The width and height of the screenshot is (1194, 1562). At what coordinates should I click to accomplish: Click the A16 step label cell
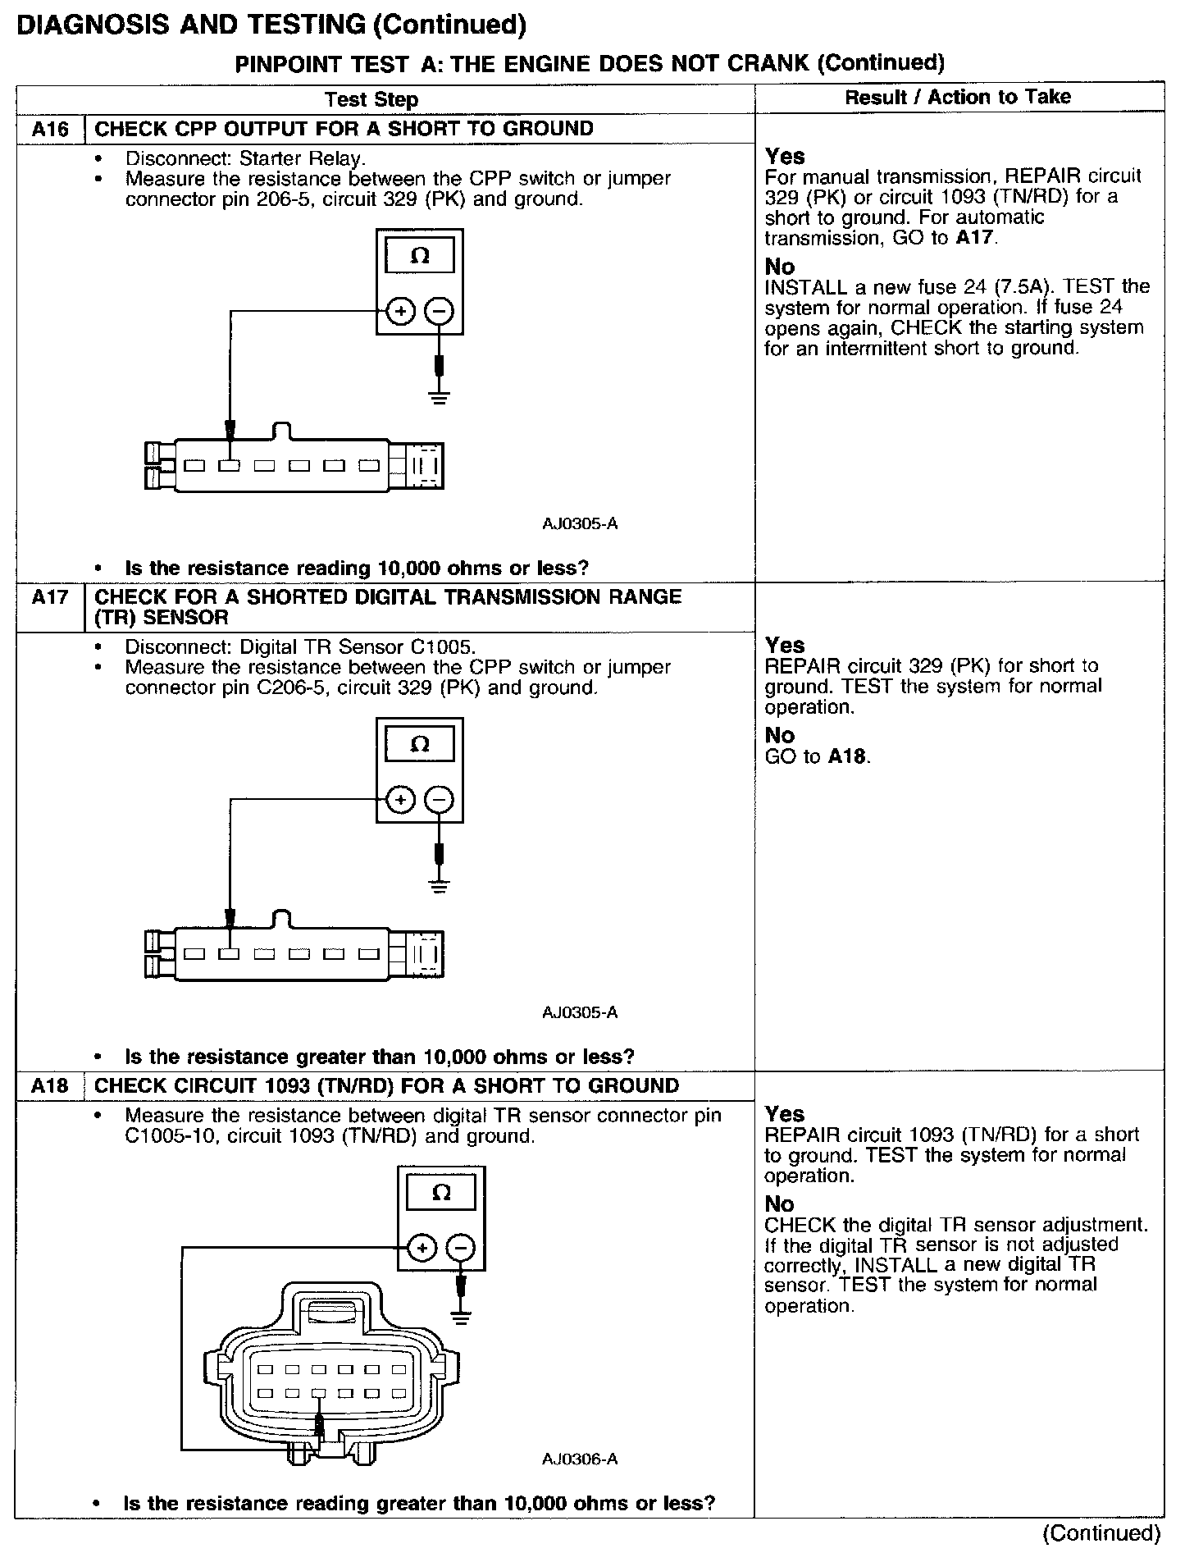(x=50, y=130)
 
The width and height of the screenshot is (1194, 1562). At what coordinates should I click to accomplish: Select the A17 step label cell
(x=50, y=597)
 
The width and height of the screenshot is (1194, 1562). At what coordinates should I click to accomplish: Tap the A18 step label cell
(x=50, y=1086)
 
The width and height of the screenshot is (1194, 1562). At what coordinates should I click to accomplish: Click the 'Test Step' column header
(x=371, y=100)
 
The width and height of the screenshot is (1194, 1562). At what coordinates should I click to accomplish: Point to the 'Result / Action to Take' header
(x=958, y=97)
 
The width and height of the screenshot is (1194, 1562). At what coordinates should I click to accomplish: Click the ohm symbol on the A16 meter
(x=419, y=256)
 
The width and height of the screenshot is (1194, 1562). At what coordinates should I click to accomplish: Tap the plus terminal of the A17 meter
(x=400, y=800)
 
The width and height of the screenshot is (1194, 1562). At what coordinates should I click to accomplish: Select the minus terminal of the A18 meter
(x=461, y=1248)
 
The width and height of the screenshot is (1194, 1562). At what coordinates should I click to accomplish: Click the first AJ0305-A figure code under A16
(x=580, y=523)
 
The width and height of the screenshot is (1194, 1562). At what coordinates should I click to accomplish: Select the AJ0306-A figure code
(x=580, y=1459)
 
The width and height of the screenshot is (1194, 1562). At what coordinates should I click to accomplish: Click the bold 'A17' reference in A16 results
(x=975, y=239)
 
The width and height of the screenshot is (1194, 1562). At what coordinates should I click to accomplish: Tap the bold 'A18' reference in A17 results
(x=847, y=756)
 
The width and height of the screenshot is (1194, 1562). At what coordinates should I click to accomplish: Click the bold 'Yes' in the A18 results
(x=785, y=1114)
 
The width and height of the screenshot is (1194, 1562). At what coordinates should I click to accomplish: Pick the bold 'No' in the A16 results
(x=779, y=267)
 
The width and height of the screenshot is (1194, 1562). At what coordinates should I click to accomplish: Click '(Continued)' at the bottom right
(x=1101, y=1533)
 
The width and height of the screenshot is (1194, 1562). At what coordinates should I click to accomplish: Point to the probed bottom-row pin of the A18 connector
(x=320, y=1394)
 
